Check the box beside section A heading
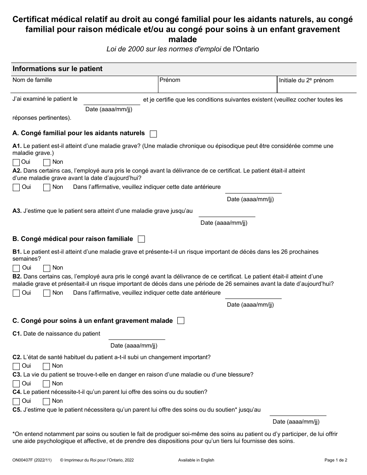[x=153, y=134]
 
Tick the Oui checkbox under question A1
[x=16, y=163]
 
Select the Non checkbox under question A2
[x=47, y=188]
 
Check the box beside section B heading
[x=141, y=239]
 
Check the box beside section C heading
[x=181, y=321]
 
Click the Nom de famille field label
[x=32, y=80]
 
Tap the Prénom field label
[x=170, y=80]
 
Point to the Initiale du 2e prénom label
[x=306, y=80]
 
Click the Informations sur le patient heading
[x=58, y=69]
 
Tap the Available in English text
[x=196, y=460]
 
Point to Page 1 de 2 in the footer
[x=336, y=460]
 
